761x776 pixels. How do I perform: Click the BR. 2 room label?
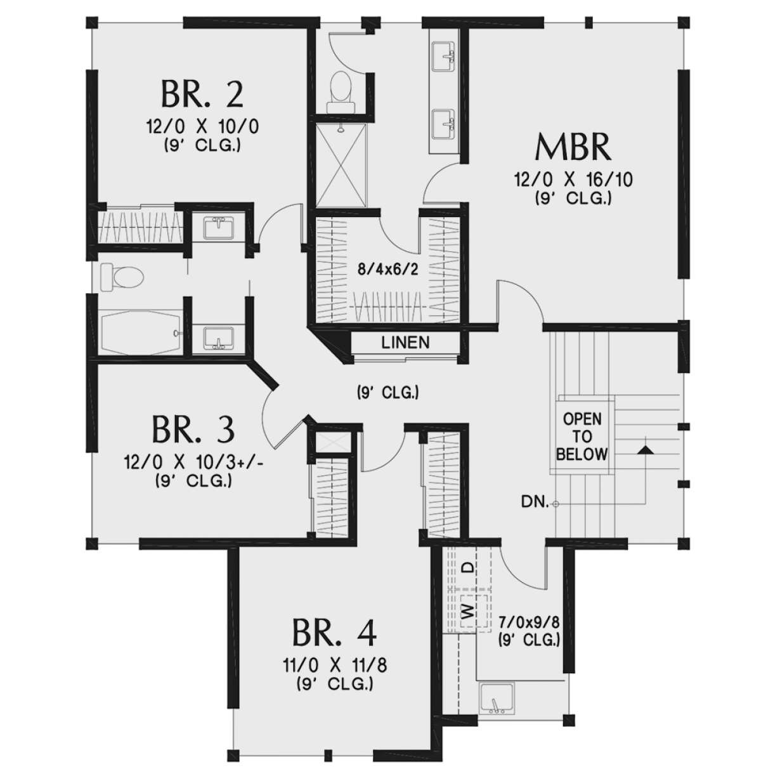(202, 94)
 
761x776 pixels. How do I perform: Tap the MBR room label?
(573, 147)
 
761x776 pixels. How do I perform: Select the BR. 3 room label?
(193, 430)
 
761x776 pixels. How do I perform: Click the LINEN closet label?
(405, 343)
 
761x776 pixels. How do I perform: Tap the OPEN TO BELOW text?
(582, 437)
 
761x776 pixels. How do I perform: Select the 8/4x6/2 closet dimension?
(387, 270)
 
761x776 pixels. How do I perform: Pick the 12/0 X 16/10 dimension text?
(573, 180)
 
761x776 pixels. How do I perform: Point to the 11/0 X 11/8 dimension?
(335, 666)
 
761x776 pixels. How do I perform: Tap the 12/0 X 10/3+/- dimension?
(194, 463)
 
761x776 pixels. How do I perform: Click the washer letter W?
(467, 612)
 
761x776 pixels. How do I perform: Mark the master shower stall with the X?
(341, 165)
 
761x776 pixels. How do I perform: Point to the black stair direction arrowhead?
(645, 449)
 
